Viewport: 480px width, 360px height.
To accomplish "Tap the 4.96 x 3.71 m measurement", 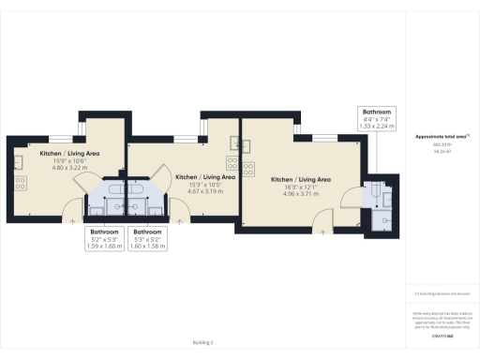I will point(301,193).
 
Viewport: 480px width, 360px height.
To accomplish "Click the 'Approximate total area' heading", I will point(442,137).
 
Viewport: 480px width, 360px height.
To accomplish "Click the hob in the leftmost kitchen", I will point(19,184).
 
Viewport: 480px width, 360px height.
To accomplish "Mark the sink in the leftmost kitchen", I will point(19,160).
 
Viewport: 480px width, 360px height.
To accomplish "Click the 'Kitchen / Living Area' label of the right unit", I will point(301,179).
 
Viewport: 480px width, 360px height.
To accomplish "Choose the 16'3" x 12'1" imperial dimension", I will point(301,187).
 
